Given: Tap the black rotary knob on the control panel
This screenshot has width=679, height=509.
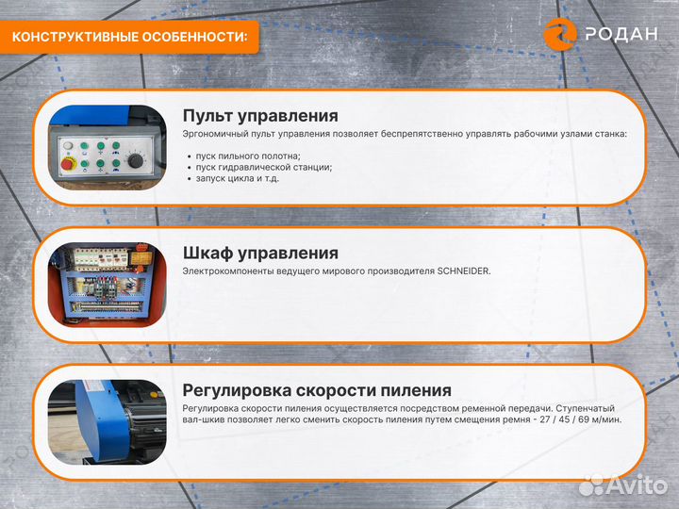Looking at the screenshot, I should [x=136, y=161].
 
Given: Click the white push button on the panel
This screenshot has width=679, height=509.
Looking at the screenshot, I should [x=69, y=144].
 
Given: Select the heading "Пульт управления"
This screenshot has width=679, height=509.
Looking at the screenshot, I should [x=260, y=116].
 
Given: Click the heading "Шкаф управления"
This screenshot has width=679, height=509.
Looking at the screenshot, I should [x=260, y=254].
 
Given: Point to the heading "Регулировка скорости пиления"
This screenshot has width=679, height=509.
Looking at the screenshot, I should [x=317, y=390].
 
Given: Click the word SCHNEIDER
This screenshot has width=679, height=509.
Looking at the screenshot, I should [x=463, y=271].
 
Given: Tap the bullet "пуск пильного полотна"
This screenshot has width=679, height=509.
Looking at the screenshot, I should [x=249, y=156].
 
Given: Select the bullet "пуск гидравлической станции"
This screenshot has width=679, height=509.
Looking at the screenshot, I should [x=264, y=167].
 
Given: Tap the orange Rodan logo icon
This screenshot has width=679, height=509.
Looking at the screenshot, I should [x=560, y=33].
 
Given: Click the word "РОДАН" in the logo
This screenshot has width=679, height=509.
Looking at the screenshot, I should [x=621, y=34].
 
